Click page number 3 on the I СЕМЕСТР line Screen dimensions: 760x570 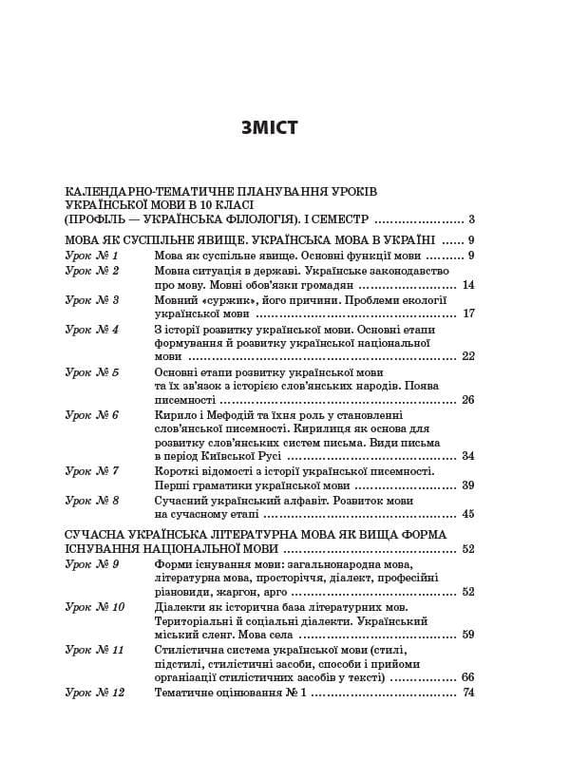(470, 218)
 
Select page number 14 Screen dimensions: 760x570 (467, 285)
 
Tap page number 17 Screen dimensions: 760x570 (467, 313)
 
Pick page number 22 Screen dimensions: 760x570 (467, 356)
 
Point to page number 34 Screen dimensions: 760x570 (467, 456)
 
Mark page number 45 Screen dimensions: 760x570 (467, 514)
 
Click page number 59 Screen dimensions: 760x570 (467, 635)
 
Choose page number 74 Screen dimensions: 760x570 (467, 693)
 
